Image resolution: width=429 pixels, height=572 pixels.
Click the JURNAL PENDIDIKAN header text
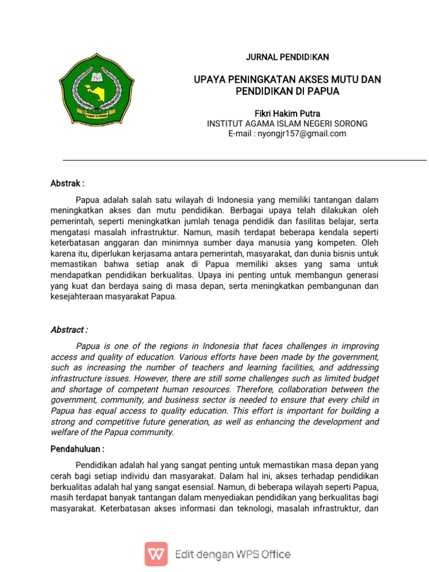[287, 57]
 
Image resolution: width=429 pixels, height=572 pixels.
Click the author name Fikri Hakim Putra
[287, 113]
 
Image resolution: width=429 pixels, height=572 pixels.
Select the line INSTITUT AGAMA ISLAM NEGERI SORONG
[287, 123]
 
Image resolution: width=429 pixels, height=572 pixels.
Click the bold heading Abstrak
[68, 183]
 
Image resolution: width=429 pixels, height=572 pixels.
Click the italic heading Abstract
[69, 330]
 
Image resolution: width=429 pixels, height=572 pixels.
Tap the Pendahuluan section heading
[78, 449]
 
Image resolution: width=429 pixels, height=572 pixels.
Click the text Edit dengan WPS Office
[232, 554]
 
